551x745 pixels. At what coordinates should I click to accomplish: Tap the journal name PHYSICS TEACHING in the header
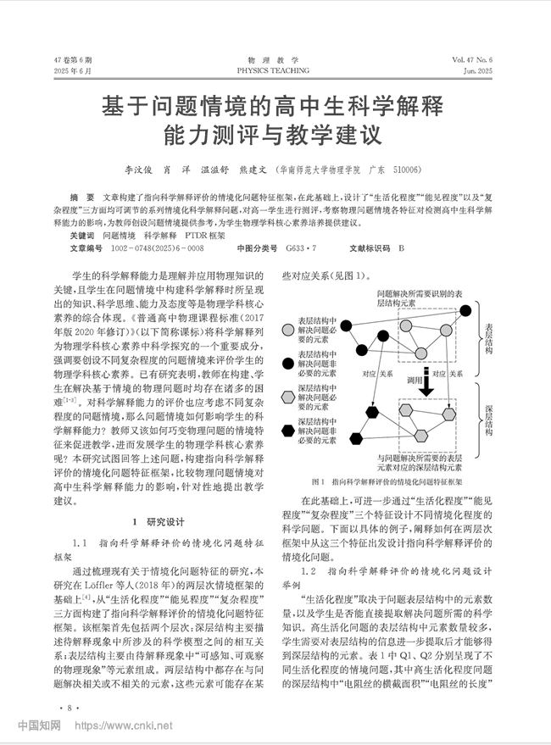coord(275,71)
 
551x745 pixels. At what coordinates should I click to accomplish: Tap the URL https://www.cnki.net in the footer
coord(124,726)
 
